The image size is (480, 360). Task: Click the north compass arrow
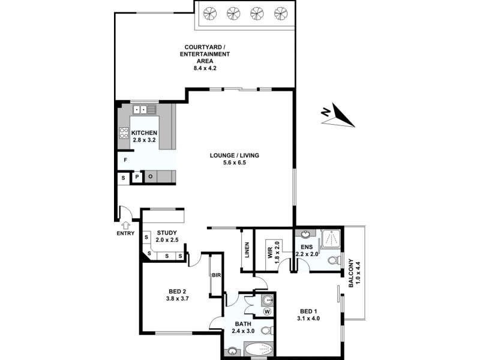pyautogui.click(x=337, y=115)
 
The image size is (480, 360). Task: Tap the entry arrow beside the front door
pyautogui.click(x=125, y=226)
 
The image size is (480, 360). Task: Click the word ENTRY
pyautogui.click(x=125, y=234)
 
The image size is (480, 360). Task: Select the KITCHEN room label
pyautogui.click(x=144, y=133)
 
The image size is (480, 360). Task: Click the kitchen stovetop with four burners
pyautogui.click(x=124, y=133)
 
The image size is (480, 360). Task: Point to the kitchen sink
pyautogui.click(x=144, y=110)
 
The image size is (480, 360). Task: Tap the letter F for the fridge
pyautogui.click(x=125, y=160)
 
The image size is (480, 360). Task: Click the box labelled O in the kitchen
pyautogui.click(x=150, y=177)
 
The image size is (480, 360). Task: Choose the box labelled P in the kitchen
pyautogui.click(x=137, y=177)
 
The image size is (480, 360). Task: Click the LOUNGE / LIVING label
pyautogui.click(x=234, y=155)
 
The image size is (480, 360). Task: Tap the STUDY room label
pyautogui.click(x=167, y=233)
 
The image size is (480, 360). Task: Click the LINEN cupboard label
pyautogui.click(x=247, y=250)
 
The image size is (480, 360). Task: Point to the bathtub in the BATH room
pyautogui.click(x=259, y=350)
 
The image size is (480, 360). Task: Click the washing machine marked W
pyautogui.click(x=268, y=311)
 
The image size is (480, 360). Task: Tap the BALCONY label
pyautogui.click(x=352, y=273)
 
